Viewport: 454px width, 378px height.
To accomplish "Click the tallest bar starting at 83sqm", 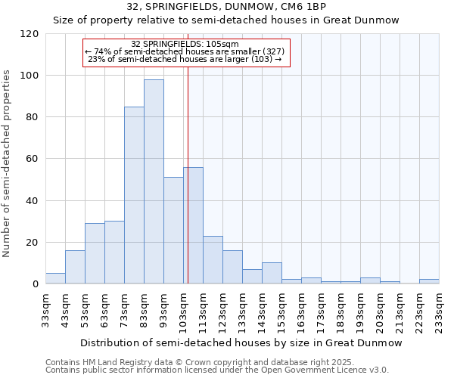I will coord(154,181).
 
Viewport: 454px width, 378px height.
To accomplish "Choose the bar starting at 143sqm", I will coord(272,273).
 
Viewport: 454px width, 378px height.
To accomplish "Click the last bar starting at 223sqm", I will coord(429,281).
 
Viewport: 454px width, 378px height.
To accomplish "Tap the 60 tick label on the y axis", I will coord(32,159).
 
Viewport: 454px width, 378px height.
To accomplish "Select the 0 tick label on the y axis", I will coord(35,284).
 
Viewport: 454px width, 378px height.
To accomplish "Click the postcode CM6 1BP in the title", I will coord(303,7).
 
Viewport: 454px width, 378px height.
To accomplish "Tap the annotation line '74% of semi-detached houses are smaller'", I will coord(185,51).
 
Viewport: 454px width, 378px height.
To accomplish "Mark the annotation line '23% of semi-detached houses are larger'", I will coord(185,59).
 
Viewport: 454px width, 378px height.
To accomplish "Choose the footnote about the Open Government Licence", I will coord(216,370).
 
